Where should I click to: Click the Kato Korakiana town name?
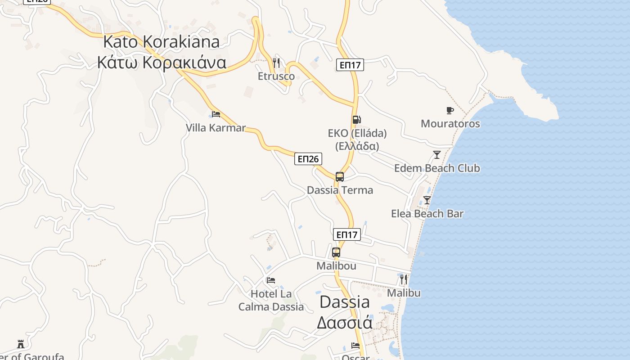coord(161,41)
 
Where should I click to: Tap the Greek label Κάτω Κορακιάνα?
coord(161,62)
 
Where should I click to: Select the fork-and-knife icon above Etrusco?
coord(276,63)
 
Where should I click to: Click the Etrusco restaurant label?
coord(276,76)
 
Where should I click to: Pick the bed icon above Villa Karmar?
coord(216,114)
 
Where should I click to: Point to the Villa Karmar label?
coord(216,128)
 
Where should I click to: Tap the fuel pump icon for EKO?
coord(356,120)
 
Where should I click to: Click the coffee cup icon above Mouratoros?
coord(450,110)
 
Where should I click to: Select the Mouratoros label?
coord(450,123)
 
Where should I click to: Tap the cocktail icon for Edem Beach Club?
coord(436,155)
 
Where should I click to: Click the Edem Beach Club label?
coord(437,168)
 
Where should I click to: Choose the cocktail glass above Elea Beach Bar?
coord(427,200)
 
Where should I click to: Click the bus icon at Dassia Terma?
coord(340,177)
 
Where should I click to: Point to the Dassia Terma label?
coord(340,190)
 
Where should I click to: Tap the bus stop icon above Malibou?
coord(336,252)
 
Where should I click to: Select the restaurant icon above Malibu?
coord(404,279)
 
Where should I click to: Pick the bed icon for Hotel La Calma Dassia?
coord(271,280)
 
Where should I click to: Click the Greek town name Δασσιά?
coord(345,323)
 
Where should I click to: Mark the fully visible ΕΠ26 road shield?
coord(308,159)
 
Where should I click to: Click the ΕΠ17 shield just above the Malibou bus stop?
coord(347,234)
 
